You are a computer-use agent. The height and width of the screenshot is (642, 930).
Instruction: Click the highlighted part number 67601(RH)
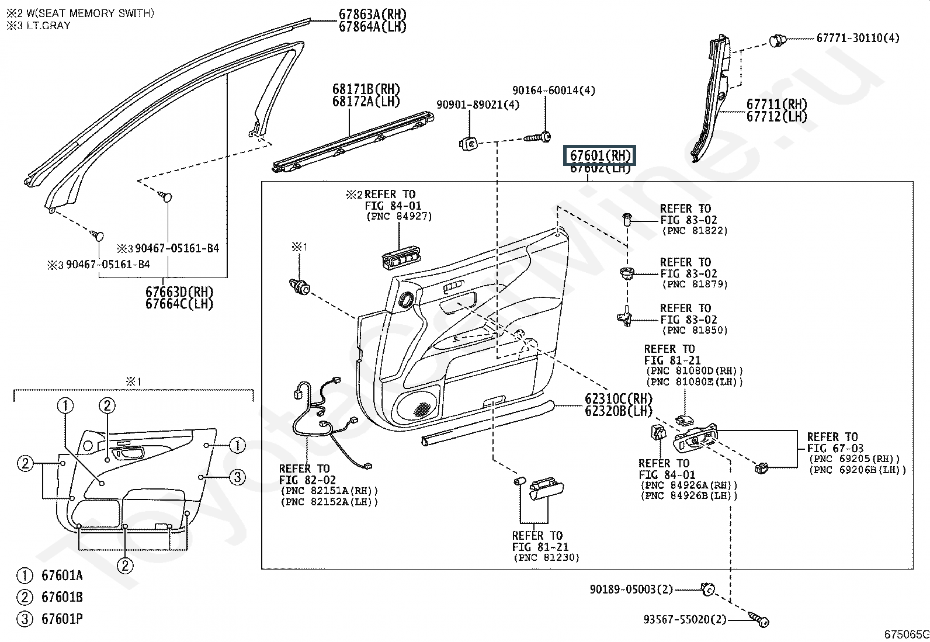[600, 156]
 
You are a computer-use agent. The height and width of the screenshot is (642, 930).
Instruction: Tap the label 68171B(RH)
[366, 89]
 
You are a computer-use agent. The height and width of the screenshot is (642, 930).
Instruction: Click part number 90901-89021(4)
[477, 105]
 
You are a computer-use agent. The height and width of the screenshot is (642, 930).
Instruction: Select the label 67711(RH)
[776, 105]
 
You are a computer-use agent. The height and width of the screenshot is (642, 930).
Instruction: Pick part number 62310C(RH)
[618, 398]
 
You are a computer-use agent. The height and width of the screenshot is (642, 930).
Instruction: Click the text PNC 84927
[400, 216]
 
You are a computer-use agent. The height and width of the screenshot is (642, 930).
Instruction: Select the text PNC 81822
[695, 231]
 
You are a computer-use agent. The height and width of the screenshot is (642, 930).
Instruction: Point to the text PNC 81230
[546, 558]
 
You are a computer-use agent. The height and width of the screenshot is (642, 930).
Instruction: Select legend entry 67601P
[61, 619]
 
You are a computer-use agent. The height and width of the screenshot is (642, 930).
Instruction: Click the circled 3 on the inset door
[237, 477]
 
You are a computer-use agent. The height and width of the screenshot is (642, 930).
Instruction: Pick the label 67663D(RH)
[179, 291]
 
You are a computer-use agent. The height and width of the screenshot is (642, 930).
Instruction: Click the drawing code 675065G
[906, 634]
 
